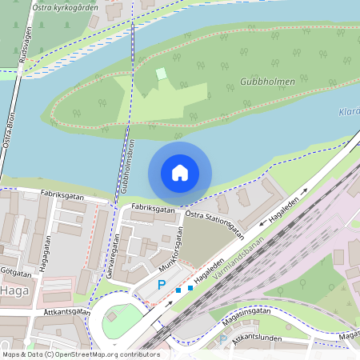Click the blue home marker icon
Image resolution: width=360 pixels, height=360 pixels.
click(x=180, y=172)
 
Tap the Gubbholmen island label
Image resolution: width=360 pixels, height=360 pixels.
click(x=267, y=82)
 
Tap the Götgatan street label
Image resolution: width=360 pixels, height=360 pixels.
click(x=16, y=273)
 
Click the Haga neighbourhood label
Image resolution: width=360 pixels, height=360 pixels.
click(x=15, y=290)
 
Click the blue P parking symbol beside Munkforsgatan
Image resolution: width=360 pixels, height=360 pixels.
click(x=161, y=285)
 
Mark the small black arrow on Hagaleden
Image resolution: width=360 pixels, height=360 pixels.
click(x=305, y=193)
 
